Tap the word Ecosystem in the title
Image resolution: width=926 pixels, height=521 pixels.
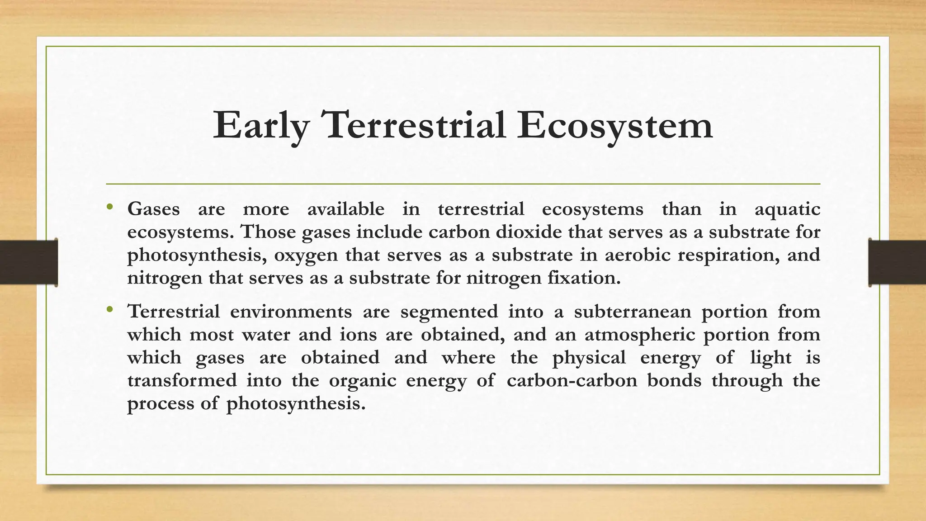(615, 126)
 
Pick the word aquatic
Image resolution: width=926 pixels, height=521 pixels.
(787, 209)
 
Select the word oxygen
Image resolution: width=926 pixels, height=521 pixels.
(306, 256)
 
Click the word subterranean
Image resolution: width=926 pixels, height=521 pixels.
(633, 312)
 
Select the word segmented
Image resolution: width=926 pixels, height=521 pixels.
(449, 312)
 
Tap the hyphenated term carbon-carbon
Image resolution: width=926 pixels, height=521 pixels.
(572, 380)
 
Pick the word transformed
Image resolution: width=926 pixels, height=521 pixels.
(182, 380)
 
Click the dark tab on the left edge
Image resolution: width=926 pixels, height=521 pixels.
(28, 262)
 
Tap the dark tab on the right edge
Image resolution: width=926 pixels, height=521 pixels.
(897, 262)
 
